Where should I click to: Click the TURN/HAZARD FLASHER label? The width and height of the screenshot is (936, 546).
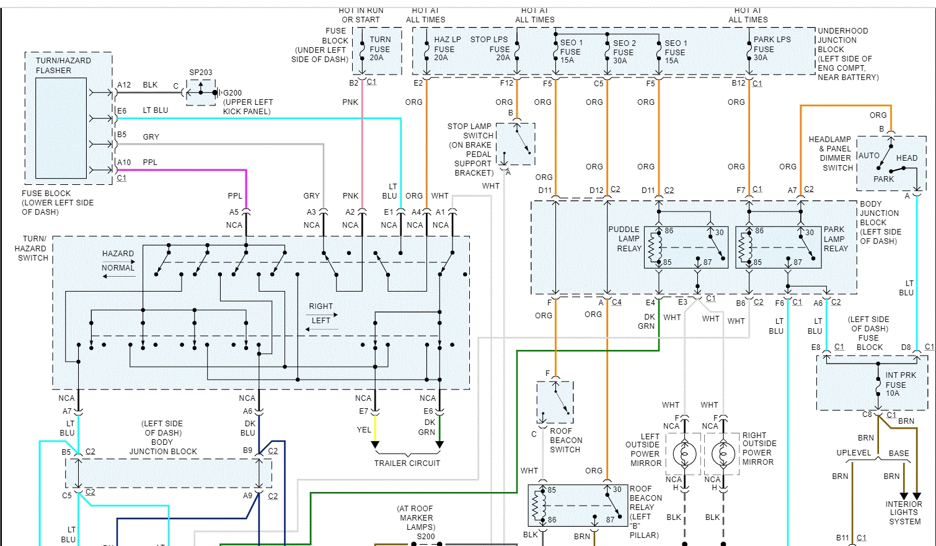(x=63, y=65)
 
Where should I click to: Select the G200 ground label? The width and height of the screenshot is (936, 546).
(x=232, y=93)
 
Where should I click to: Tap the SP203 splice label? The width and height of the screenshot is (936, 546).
(x=201, y=73)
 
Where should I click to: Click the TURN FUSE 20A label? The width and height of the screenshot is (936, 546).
(x=379, y=48)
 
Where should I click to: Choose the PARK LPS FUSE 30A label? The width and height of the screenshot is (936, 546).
(x=771, y=48)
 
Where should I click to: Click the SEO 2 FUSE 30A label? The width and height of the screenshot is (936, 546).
(x=624, y=52)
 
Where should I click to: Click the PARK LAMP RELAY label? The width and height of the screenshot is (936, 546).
(x=835, y=239)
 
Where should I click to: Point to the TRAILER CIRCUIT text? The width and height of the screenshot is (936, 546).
(x=407, y=463)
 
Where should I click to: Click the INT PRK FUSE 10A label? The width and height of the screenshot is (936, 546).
(x=899, y=384)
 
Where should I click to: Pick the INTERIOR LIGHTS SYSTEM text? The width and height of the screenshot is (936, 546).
(x=904, y=512)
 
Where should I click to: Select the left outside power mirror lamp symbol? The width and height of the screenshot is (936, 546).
(x=684, y=454)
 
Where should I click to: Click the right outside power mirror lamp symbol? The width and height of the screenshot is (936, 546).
(x=723, y=454)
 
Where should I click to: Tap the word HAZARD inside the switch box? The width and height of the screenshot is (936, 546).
(x=118, y=254)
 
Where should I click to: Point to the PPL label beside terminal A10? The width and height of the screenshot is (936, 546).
(x=150, y=163)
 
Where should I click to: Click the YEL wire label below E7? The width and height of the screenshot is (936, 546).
(x=364, y=430)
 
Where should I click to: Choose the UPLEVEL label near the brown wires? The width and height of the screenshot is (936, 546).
(x=854, y=453)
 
